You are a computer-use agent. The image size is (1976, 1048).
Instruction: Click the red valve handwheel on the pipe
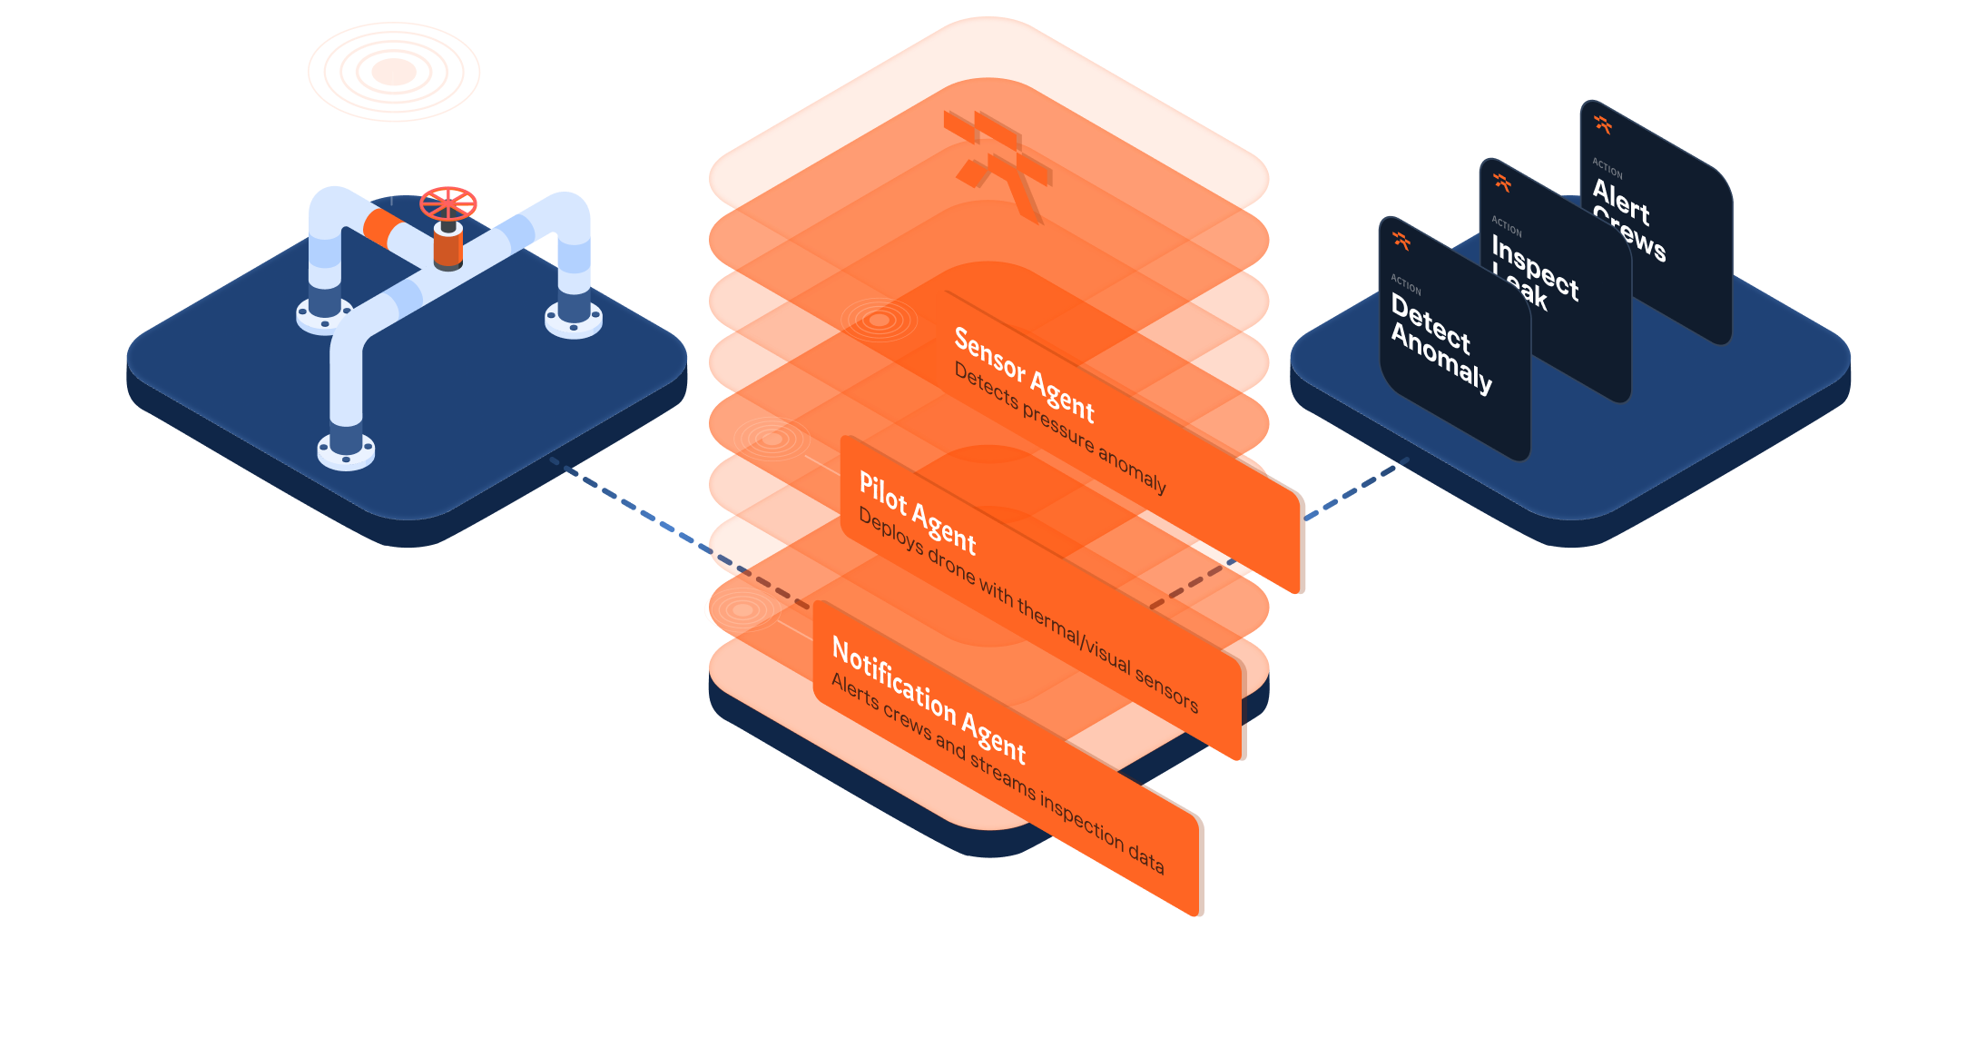point(448,203)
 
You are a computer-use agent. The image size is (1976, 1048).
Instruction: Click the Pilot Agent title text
point(917,512)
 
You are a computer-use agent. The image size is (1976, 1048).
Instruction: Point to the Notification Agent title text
point(928,699)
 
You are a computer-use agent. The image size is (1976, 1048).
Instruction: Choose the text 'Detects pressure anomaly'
point(1059,426)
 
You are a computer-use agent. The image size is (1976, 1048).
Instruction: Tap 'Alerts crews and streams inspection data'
point(996,772)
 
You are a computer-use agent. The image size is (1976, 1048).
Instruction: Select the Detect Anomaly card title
point(1440,344)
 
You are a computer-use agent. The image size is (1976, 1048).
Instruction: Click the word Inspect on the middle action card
point(1535,267)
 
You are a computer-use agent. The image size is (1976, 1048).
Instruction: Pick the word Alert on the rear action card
point(1620,201)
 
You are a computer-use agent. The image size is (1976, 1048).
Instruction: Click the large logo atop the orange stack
point(998,163)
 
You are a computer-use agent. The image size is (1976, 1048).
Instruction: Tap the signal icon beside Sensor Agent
point(879,320)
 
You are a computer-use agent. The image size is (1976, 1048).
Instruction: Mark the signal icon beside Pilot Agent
point(772,440)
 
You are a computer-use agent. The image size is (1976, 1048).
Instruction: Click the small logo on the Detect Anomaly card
point(1401,241)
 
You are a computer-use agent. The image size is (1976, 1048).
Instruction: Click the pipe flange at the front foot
point(346,450)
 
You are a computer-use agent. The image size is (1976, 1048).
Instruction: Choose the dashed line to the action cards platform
point(1357,489)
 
